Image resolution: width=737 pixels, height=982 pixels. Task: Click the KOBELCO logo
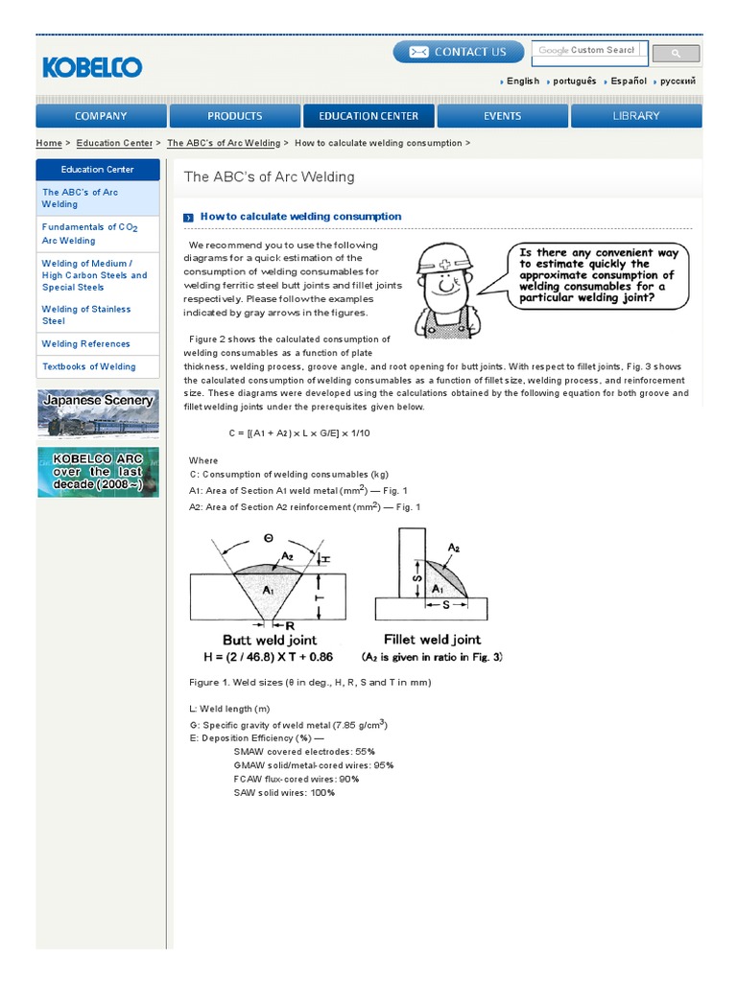pyautogui.click(x=92, y=67)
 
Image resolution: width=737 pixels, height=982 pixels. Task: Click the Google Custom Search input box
pyautogui.click(x=590, y=51)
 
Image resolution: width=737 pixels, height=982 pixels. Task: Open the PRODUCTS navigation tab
pyautogui.click(x=234, y=116)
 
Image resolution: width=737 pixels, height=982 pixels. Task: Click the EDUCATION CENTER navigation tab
pyautogui.click(x=368, y=116)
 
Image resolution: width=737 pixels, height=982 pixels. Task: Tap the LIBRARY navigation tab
pyautogui.click(x=636, y=116)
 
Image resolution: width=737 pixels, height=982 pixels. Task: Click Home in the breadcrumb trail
pyautogui.click(x=48, y=143)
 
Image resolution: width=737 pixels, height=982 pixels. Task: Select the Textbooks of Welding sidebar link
pyautogui.click(x=88, y=366)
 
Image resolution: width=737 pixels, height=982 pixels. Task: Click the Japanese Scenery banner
pyautogui.click(x=98, y=413)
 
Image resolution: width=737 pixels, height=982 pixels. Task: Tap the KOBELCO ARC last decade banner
pyautogui.click(x=98, y=472)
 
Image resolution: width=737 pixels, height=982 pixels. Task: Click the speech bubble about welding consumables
pyautogui.click(x=599, y=275)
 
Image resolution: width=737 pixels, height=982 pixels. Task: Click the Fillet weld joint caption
pyautogui.click(x=432, y=639)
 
